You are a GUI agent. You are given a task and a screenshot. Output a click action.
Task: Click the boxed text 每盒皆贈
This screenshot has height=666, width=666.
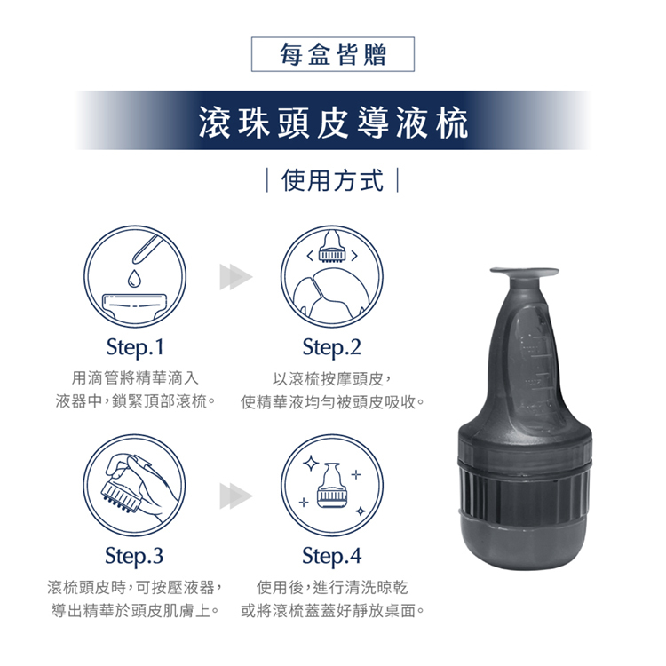(x=333, y=54)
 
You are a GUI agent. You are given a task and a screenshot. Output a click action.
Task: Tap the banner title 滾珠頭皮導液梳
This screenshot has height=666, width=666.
(x=333, y=122)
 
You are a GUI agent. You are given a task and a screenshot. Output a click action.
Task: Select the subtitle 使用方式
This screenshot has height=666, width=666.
(x=333, y=180)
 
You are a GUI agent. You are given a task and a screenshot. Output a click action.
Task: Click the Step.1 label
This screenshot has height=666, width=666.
(x=135, y=347)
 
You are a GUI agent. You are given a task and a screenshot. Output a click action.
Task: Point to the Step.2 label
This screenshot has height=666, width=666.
(x=332, y=347)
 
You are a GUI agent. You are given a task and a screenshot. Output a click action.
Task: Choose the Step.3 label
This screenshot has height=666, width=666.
(x=134, y=556)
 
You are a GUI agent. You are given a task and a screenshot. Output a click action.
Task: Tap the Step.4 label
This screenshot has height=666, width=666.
(x=332, y=556)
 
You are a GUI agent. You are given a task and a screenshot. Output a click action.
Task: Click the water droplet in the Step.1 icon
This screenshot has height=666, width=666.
(x=134, y=278)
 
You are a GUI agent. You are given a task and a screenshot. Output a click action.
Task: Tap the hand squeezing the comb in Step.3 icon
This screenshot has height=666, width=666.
(x=142, y=480)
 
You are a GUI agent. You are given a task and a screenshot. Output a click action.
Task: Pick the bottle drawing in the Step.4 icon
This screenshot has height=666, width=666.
(x=332, y=485)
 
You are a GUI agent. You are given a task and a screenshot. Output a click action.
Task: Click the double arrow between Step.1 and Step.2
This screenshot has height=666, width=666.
(x=235, y=277)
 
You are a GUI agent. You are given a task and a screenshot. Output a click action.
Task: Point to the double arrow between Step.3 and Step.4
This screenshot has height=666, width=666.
(x=235, y=496)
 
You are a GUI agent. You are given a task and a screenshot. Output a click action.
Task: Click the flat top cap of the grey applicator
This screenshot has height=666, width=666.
(x=524, y=272)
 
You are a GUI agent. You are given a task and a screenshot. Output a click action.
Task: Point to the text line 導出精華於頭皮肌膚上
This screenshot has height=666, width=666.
(x=135, y=611)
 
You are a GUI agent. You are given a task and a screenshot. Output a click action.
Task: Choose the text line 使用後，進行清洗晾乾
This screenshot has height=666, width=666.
(x=332, y=588)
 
